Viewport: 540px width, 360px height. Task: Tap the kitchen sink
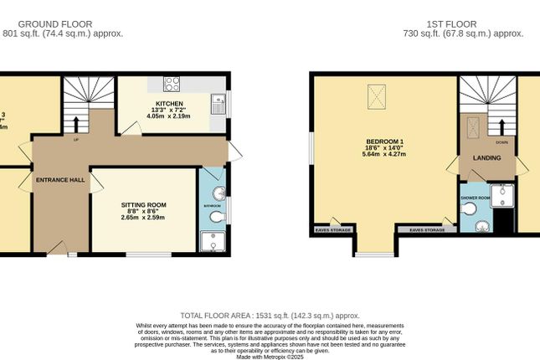(217, 104)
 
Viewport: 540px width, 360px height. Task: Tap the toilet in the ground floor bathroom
(218, 217)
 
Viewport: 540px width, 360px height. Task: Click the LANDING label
(486, 157)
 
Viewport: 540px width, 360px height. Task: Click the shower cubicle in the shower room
(502, 195)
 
